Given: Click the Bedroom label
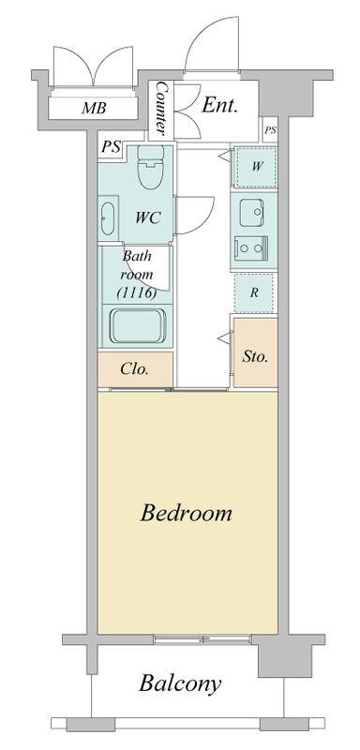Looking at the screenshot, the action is pyautogui.click(x=186, y=513).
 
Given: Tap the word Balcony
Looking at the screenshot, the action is pyautogui.click(x=180, y=684).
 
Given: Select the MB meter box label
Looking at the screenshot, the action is pyautogui.click(x=93, y=108).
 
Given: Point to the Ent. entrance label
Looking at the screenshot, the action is pyautogui.click(x=219, y=105).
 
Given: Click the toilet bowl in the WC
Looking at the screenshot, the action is pyautogui.click(x=150, y=167).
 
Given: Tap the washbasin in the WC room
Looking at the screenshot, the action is pyautogui.click(x=108, y=218).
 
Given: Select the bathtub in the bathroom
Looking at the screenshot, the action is pyautogui.click(x=138, y=325).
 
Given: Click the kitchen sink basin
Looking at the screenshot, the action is pyautogui.click(x=251, y=214).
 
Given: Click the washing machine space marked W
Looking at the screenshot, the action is pyautogui.click(x=254, y=168).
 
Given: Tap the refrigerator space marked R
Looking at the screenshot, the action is pyautogui.click(x=254, y=292).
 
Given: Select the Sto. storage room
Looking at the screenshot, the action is pyautogui.click(x=255, y=352).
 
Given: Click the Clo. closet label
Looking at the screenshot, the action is pyautogui.click(x=135, y=368).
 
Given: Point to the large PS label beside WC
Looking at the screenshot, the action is pyautogui.click(x=111, y=147).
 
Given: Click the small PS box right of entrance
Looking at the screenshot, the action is pyautogui.click(x=270, y=129).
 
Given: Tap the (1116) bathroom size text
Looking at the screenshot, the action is pyautogui.click(x=137, y=293).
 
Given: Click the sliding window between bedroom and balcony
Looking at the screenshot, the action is pyautogui.click(x=203, y=638).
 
